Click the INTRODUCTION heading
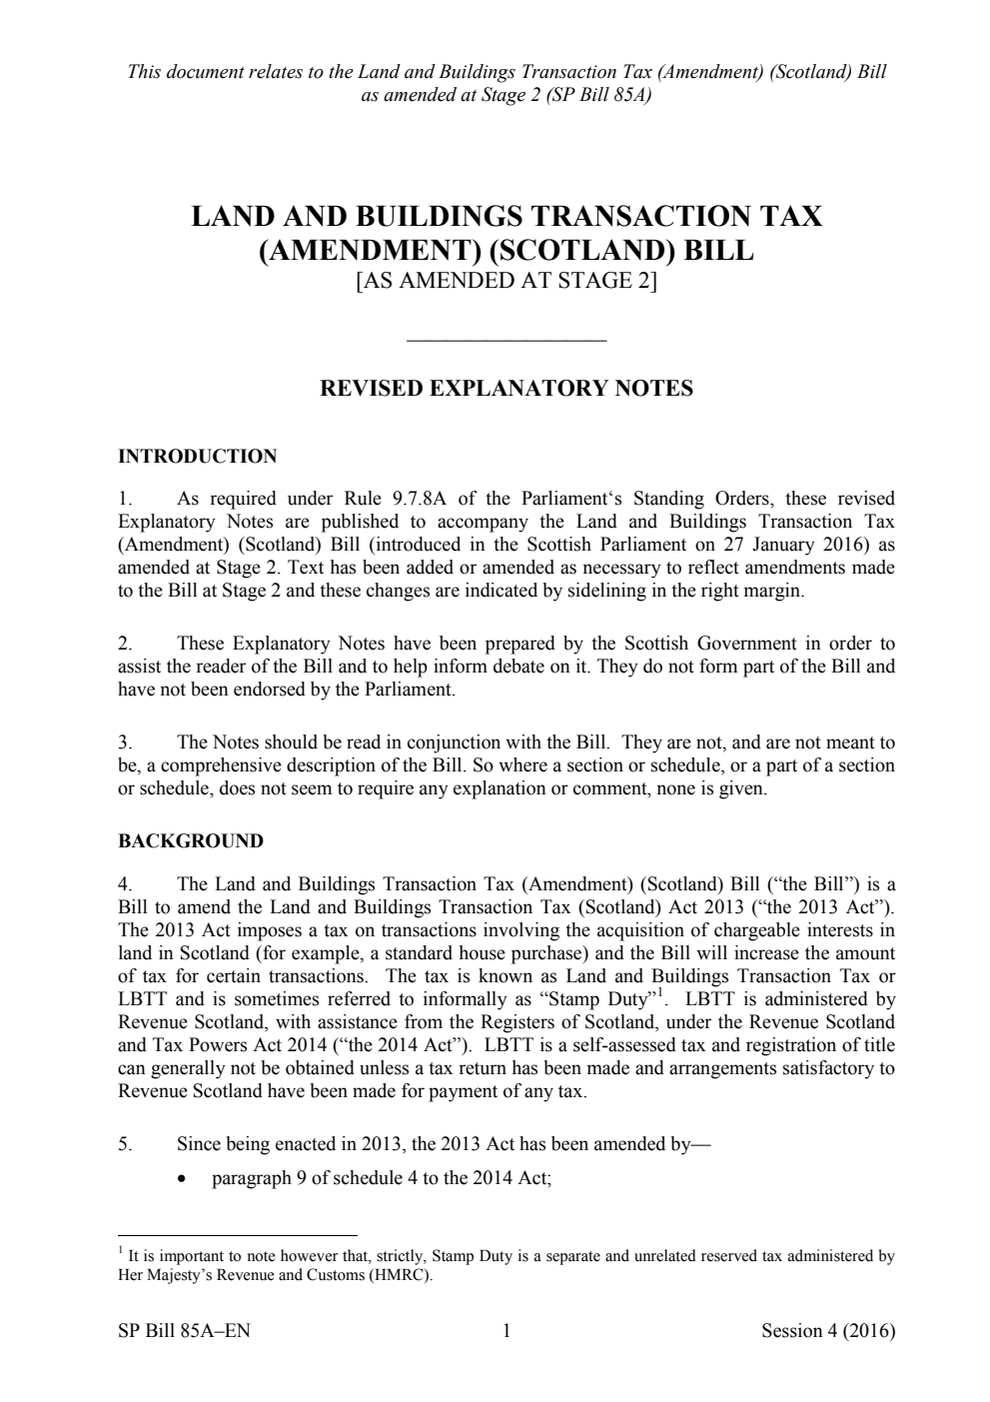point(197,457)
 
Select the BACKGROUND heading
point(191,841)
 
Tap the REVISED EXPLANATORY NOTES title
point(505,389)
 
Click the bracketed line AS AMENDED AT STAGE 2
point(506,281)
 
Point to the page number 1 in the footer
point(506,1330)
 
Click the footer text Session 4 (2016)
point(827,1330)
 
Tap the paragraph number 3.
point(124,742)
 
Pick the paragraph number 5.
point(124,1145)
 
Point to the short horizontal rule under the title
point(506,342)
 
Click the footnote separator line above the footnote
point(237,1234)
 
